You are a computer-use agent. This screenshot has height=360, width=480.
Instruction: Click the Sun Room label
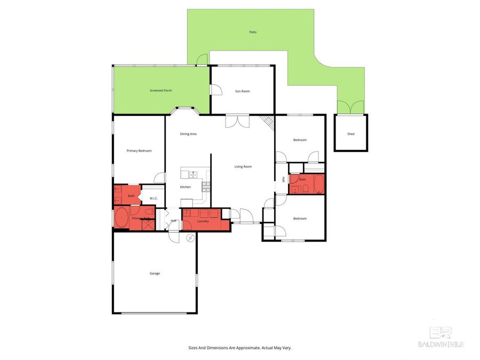242,91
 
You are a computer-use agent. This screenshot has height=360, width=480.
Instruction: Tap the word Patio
253,32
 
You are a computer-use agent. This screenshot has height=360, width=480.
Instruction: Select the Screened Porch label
161,91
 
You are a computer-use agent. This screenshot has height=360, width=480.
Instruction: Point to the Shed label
350,134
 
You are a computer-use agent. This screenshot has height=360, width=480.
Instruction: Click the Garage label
155,273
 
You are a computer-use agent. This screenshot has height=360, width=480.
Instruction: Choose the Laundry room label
203,221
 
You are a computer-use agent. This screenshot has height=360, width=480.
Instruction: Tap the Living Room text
243,166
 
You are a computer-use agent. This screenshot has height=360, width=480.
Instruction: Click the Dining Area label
188,134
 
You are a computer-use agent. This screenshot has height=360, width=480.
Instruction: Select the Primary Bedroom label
139,151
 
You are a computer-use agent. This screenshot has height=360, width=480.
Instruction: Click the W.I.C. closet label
154,198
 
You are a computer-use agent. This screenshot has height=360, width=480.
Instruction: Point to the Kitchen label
185,187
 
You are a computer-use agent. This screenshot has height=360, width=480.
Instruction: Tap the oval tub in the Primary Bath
122,219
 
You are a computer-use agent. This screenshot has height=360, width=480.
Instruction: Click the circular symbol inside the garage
189,238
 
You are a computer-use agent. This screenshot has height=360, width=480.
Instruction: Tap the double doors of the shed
350,107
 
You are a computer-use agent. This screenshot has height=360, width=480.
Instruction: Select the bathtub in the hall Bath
318,184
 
